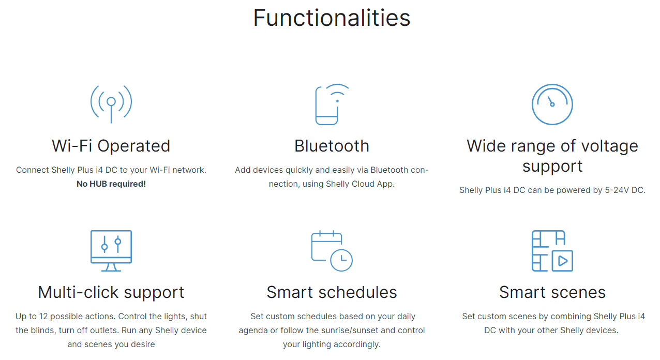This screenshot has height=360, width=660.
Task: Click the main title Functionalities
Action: (332, 18)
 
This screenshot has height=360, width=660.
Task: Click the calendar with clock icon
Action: (332, 251)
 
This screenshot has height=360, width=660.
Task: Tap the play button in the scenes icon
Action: (562, 261)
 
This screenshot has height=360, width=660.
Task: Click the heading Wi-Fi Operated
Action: (111, 146)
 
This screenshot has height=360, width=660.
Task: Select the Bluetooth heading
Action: (332, 146)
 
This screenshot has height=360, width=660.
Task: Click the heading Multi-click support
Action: (111, 293)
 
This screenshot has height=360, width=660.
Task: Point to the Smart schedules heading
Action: (332, 292)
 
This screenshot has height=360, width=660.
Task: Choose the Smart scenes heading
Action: (552, 292)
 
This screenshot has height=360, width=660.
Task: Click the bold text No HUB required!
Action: (111, 184)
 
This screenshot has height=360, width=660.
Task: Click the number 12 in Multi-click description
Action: (43, 317)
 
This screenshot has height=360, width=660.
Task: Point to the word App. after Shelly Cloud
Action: (386, 184)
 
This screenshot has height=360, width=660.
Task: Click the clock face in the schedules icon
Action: (341, 260)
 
